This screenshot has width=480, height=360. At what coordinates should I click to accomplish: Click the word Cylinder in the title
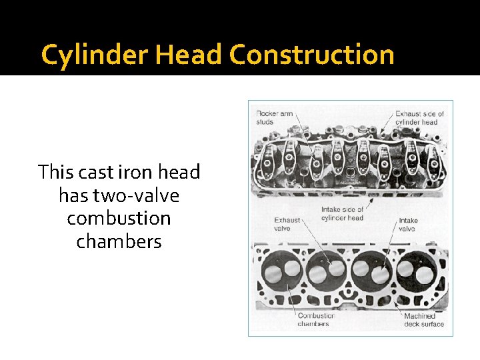(96, 55)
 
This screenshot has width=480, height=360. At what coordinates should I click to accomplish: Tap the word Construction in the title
(312, 55)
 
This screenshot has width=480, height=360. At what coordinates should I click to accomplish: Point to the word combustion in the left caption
(119, 218)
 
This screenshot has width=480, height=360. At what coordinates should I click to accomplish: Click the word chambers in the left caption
(119, 241)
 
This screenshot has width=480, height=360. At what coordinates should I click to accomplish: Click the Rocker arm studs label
(274, 117)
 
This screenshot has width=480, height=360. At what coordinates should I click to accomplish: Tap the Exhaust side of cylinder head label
(419, 117)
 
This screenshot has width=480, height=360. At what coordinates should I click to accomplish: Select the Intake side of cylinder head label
(342, 213)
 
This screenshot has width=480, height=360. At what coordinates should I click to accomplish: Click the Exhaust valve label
(287, 223)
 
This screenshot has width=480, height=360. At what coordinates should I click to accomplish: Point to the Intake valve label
(408, 223)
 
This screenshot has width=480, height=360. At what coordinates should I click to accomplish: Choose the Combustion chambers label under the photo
(316, 319)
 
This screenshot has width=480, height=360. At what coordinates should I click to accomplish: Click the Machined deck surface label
(423, 319)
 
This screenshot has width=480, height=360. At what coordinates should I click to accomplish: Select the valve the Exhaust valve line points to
(319, 273)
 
